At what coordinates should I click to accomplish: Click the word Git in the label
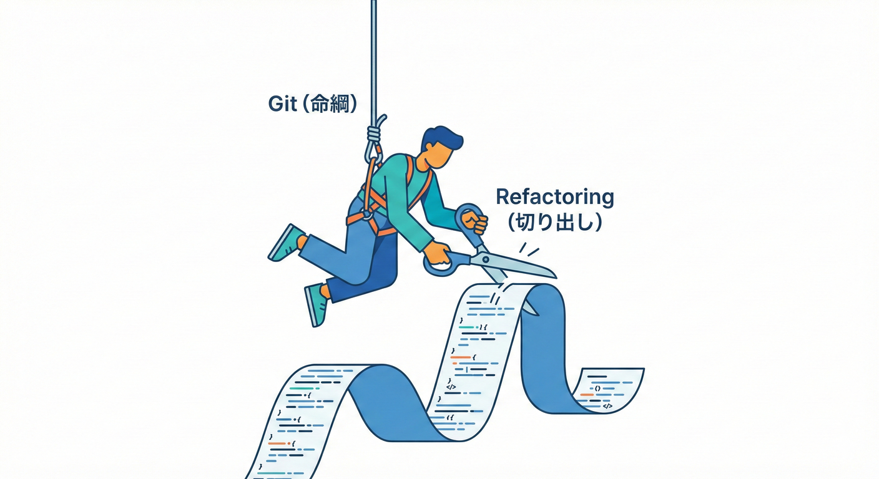click(x=282, y=104)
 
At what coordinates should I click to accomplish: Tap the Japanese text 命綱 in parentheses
click(x=329, y=104)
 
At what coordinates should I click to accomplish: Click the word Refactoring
click(x=554, y=197)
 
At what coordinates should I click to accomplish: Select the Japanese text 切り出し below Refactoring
click(x=555, y=222)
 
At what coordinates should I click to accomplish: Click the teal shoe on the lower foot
click(x=317, y=305)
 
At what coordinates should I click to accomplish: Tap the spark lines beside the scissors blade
click(x=528, y=249)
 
